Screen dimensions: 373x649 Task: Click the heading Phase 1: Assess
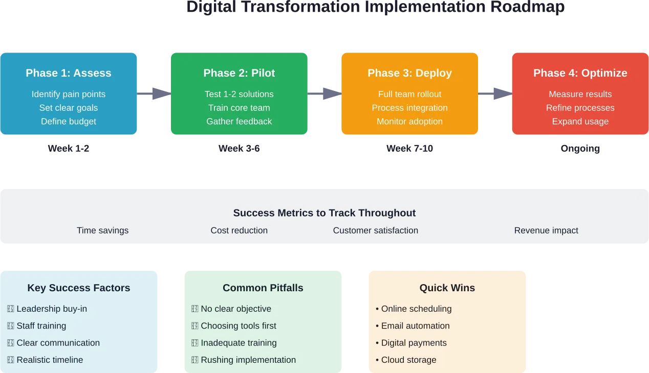tap(69, 73)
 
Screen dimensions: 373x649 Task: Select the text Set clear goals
tap(69, 108)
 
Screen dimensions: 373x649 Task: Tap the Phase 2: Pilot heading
tap(239, 73)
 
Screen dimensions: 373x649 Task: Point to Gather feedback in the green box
tap(239, 122)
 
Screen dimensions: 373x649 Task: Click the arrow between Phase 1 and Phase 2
tap(154, 94)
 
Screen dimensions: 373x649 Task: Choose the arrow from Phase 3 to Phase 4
tap(495, 94)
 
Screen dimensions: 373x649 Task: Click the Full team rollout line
tap(409, 94)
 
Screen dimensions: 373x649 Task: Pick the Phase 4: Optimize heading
tap(580, 73)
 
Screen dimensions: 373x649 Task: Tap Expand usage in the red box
tap(580, 122)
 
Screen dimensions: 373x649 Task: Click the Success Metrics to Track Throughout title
tap(324, 213)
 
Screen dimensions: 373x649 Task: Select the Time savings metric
tap(102, 230)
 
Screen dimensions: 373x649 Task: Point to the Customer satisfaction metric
tap(375, 230)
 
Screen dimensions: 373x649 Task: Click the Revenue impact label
tap(546, 230)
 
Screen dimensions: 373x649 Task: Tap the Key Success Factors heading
tap(79, 288)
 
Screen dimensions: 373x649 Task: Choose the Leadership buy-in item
tap(51, 309)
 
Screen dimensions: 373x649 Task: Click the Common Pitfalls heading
tap(263, 288)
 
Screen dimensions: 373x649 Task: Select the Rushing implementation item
tap(248, 360)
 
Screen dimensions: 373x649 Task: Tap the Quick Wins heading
tap(447, 288)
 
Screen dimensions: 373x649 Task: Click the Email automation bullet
tap(415, 326)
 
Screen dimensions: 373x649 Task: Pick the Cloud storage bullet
tap(408, 360)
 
